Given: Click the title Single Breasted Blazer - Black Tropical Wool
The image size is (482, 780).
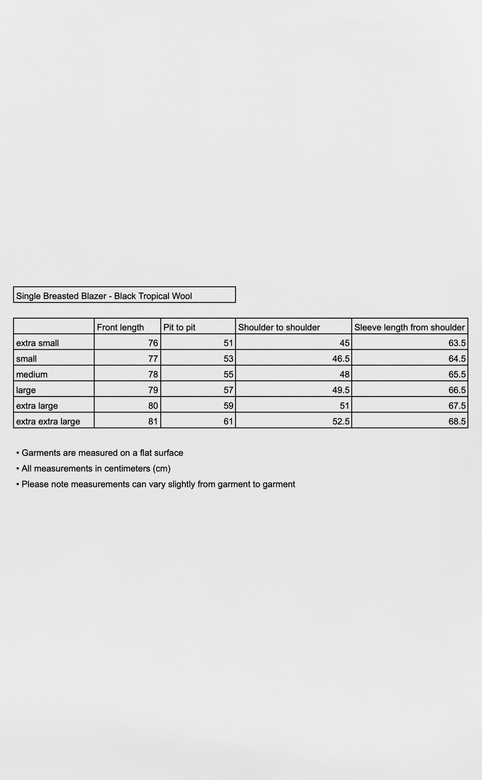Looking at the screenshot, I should coord(104,296).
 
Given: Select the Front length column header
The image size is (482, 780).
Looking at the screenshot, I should coord(120,327).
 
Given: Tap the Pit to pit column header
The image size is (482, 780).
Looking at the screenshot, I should coord(179,327).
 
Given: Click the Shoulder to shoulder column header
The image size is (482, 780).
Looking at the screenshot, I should coord(279,327).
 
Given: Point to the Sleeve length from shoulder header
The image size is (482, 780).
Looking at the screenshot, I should coord(409,327).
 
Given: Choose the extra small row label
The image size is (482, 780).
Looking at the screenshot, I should coord(38,343).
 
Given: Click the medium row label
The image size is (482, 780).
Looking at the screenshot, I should coord(32,374).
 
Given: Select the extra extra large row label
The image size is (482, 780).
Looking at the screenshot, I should coord(48,421).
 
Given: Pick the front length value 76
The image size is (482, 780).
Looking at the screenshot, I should coord(153,343).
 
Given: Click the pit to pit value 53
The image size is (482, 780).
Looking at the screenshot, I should coord(228,359).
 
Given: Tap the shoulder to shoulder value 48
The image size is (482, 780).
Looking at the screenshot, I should coord(344,374).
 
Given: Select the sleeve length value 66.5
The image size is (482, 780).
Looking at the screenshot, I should coord(457,390).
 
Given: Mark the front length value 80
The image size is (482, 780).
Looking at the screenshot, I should coord(153,406).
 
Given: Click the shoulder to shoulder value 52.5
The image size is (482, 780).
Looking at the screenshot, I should coord(341,421).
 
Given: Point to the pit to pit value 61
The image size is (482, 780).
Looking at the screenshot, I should coord(228,421).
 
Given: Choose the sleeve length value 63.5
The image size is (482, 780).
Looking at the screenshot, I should coord(457,343).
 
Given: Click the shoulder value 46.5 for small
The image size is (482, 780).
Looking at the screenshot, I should coord(341,359).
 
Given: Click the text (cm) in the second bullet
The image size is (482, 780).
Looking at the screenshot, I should coord(162,468).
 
